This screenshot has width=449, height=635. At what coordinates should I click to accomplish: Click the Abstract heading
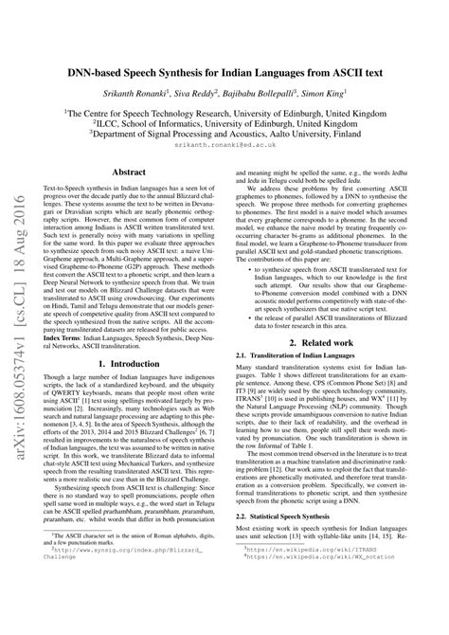click(129, 172)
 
